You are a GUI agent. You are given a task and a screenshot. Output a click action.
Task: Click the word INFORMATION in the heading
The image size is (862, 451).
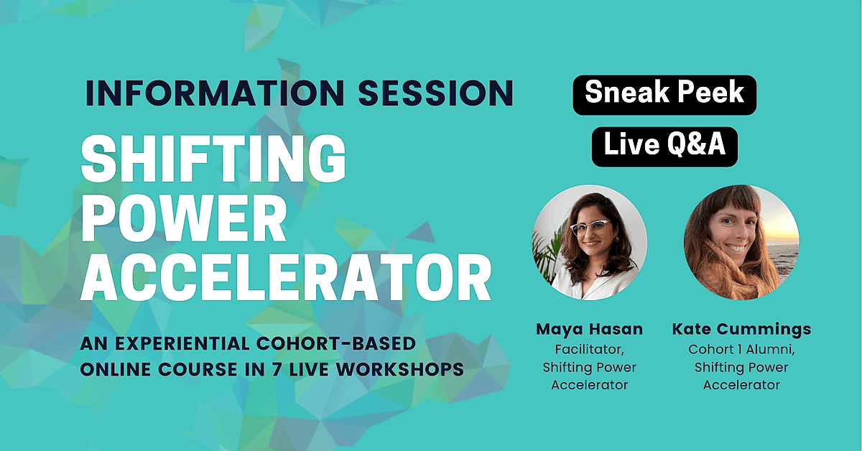(215, 93)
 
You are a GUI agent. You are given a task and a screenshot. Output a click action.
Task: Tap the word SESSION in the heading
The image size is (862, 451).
(435, 93)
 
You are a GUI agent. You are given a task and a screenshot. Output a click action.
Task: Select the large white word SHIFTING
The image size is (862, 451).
(213, 159)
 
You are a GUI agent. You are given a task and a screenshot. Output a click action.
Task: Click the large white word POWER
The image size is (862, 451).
(184, 218)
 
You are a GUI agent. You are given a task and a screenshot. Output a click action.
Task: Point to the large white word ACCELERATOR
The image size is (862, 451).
(286, 277)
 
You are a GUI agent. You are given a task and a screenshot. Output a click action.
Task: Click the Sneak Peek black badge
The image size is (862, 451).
(664, 95)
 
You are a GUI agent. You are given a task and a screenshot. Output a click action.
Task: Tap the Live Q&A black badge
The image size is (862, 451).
(664, 147)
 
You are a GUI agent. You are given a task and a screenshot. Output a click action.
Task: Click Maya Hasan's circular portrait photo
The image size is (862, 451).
(590, 242)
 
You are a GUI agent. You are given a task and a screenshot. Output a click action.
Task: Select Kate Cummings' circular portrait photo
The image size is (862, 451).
(741, 242)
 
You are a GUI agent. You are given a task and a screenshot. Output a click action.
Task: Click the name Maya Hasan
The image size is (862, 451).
(590, 329)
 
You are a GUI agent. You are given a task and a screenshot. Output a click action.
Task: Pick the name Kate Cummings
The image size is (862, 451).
(741, 330)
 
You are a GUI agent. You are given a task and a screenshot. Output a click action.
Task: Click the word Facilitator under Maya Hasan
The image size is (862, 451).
(590, 350)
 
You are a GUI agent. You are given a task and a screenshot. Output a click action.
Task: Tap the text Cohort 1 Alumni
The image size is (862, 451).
(741, 350)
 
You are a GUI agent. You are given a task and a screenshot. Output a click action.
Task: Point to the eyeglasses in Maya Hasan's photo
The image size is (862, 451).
(590, 228)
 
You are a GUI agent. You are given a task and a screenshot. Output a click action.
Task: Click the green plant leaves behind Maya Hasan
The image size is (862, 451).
(548, 249)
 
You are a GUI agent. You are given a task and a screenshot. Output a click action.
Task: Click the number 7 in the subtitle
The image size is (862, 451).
(277, 369)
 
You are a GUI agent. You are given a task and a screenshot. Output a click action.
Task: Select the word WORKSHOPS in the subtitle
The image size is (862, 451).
(400, 369)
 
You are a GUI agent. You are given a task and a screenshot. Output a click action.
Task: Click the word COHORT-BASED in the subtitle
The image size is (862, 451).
(336, 344)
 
